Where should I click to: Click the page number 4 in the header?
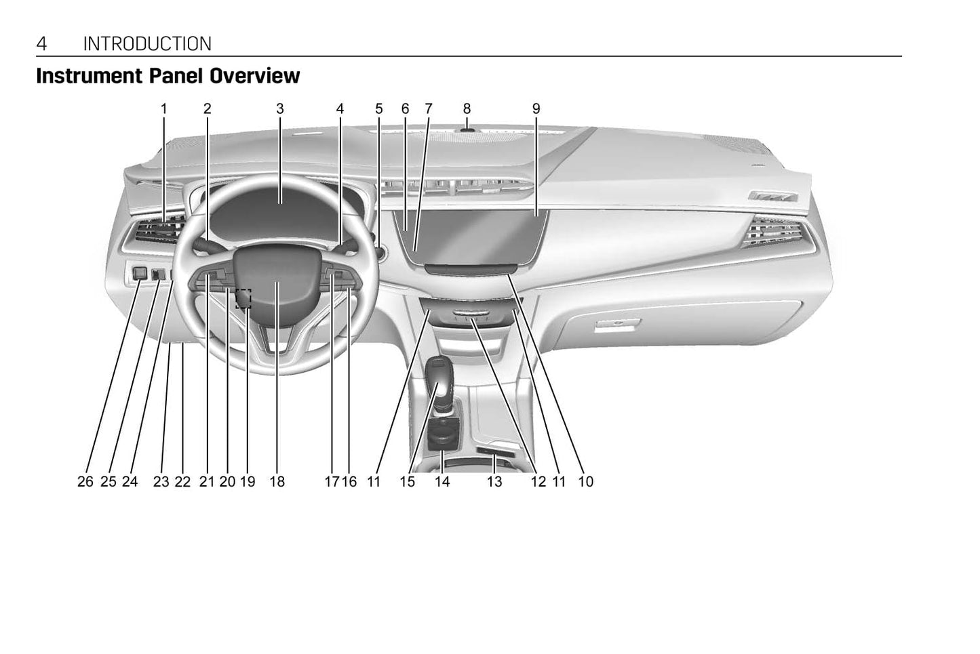click(42, 44)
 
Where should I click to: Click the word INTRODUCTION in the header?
click(147, 44)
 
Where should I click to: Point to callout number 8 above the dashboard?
click(467, 108)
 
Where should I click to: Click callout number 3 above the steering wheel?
click(279, 108)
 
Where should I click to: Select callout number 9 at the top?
click(536, 108)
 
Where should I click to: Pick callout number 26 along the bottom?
click(85, 482)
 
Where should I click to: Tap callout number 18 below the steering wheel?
click(277, 482)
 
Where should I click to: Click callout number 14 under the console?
click(442, 482)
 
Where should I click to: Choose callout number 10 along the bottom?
click(585, 482)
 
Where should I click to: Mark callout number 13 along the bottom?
click(494, 482)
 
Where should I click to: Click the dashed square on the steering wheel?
click(243, 298)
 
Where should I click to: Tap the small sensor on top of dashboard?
click(467, 127)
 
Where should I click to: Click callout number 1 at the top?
click(163, 108)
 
